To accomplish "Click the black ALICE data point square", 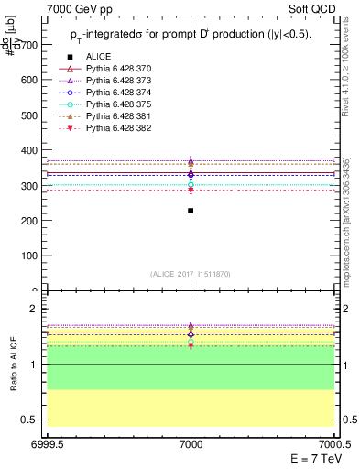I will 191,211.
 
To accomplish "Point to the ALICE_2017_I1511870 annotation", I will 191,274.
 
